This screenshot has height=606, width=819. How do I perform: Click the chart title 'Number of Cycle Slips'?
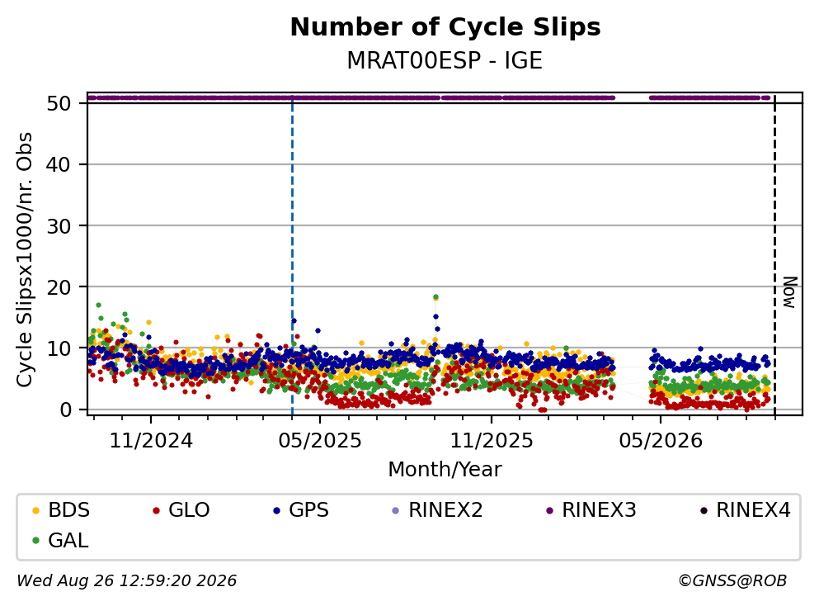click(445, 27)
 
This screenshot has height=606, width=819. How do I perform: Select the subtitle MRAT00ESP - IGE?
click(445, 60)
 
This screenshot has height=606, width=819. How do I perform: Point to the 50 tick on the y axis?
click(59, 103)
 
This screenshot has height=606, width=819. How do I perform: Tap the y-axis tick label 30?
click(59, 226)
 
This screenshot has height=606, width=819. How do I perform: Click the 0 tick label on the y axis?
click(65, 410)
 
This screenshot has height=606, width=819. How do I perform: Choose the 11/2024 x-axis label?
click(151, 441)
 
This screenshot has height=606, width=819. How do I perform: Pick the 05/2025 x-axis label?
click(320, 441)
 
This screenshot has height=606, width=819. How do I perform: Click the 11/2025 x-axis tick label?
click(492, 441)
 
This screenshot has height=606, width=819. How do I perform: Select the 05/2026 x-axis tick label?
click(661, 441)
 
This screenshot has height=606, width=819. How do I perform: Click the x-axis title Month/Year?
click(445, 470)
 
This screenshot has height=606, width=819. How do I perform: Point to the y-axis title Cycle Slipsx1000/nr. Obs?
click(25, 260)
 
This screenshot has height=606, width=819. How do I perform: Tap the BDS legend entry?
click(61, 509)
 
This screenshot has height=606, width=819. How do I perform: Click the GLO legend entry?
click(181, 509)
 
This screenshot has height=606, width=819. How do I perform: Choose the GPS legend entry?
click(301, 509)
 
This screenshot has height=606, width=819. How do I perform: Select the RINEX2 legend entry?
click(438, 509)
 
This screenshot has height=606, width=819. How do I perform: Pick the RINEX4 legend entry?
click(746, 509)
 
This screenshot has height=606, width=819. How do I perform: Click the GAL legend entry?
click(60, 540)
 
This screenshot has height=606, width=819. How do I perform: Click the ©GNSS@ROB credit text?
click(732, 580)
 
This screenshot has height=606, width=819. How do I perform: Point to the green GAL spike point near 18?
click(435, 297)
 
